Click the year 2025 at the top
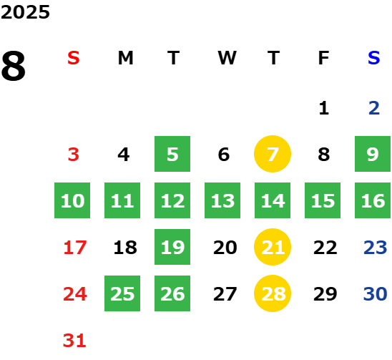25,12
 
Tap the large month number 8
14,66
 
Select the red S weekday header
74,58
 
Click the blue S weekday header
373,58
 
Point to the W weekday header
227,58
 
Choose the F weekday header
323,58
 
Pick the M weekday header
125,58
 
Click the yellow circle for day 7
273,154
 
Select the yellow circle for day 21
273,247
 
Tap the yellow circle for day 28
273,293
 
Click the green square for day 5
172,154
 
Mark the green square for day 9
373,154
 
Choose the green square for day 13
222,200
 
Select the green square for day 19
172,247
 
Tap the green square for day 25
122,293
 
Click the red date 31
74,341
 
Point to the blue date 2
374,108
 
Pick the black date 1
324,108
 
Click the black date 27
225,294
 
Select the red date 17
75,248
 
